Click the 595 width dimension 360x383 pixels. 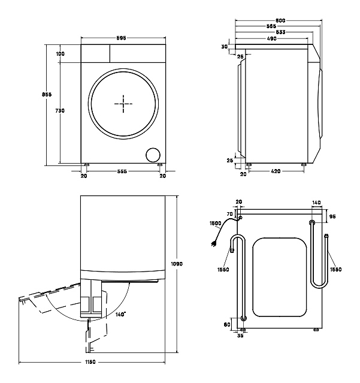(122, 38)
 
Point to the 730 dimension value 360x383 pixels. (60, 111)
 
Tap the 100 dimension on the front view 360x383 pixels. (60, 54)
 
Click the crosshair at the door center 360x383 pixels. (123, 104)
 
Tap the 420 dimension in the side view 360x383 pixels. (276, 173)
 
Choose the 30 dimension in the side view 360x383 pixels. (224, 47)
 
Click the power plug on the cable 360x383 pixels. (212, 243)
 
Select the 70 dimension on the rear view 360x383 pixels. (229, 214)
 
